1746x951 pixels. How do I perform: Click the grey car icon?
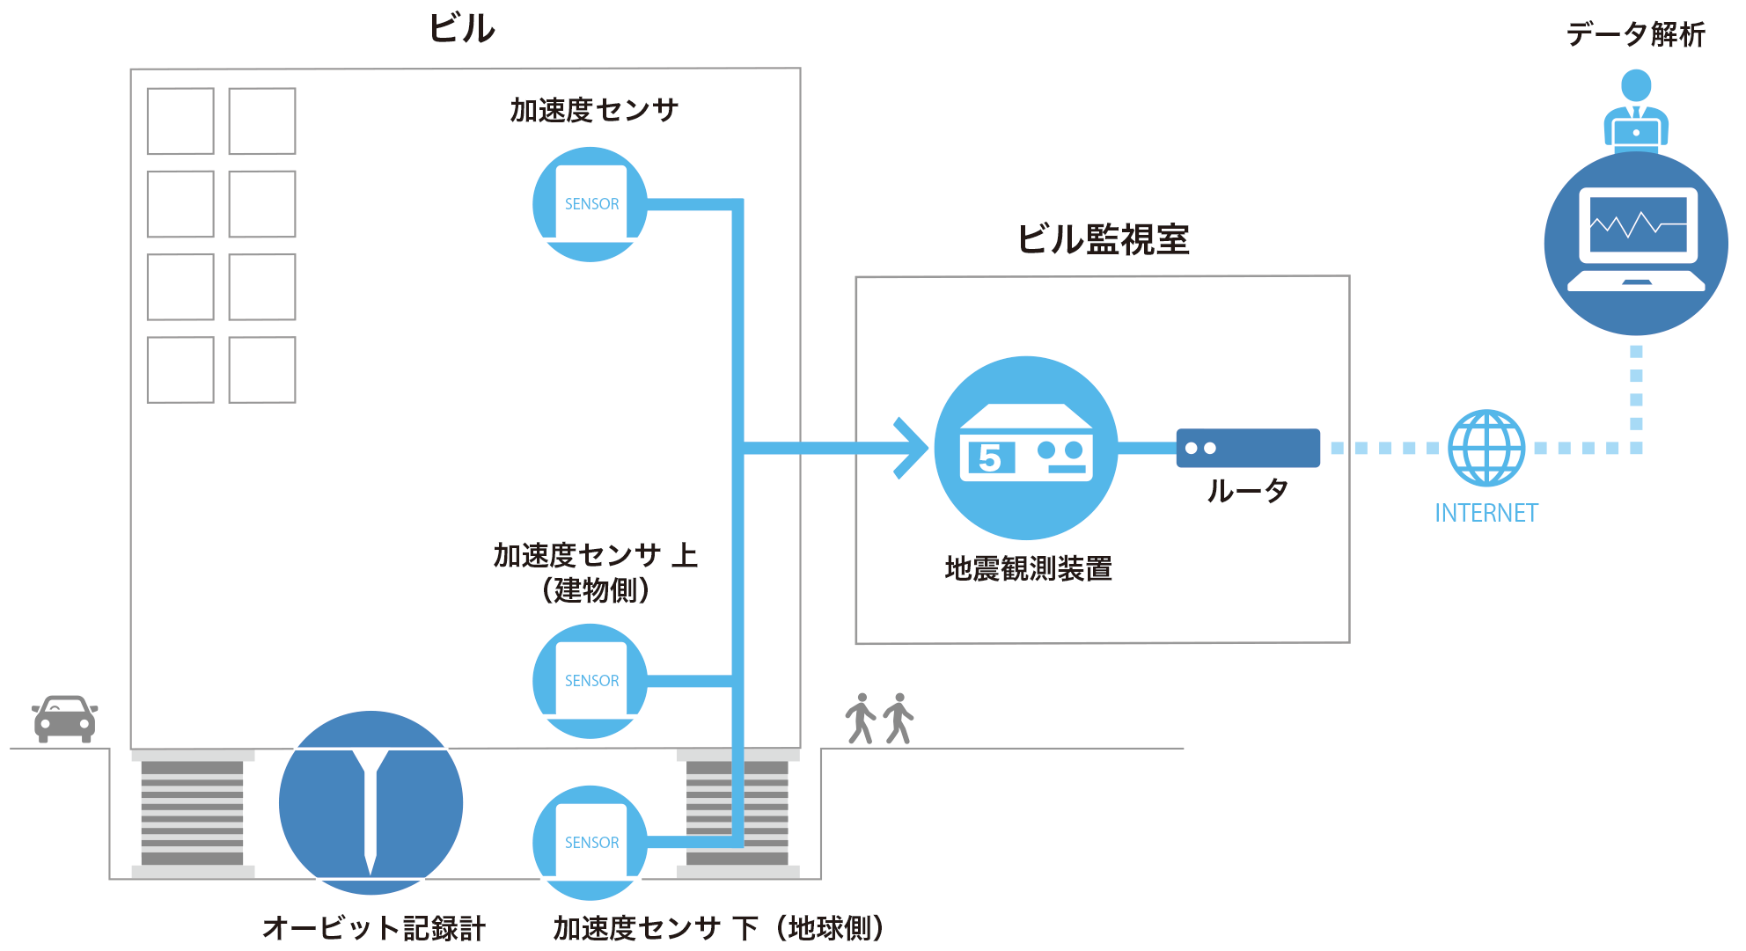tap(64, 719)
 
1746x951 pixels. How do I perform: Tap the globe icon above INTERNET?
tap(1486, 448)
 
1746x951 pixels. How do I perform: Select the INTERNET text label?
tap(1486, 513)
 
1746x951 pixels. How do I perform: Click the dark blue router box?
tap(1248, 448)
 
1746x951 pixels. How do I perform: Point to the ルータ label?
tap(1248, 491)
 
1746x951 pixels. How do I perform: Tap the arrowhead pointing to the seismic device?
tap(912, 448)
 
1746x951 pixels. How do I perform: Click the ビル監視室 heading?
tap(1103, 239)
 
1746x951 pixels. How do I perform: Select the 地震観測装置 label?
tap(1028, 569)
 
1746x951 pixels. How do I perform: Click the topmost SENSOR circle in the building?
tap(591, 204)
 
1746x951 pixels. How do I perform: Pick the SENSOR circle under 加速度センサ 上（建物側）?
tap(591, 681)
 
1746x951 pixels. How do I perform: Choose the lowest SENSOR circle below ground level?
tap(591, 843)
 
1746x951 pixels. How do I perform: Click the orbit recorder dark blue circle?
tap(370, 802)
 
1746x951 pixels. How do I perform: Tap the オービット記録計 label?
tap(374, 928)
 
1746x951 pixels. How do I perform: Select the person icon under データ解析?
tap(1636, 110)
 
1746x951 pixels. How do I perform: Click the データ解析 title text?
tap(1636, 35)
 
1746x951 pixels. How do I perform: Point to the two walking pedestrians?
tap(879, 719)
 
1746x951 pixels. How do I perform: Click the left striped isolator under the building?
tap(192, 813)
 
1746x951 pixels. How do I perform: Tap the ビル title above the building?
tap(462, 29)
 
